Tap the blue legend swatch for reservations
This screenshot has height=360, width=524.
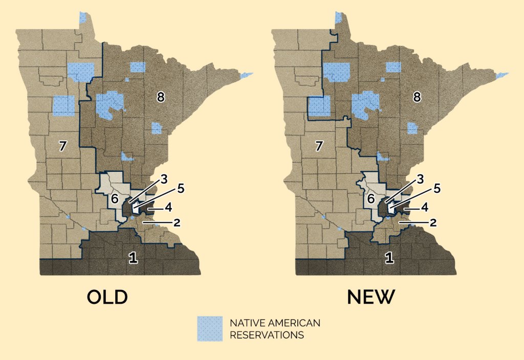tap(210, 328)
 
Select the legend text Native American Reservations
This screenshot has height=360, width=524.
tap(275, 329)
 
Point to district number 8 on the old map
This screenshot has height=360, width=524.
tap(161, 97)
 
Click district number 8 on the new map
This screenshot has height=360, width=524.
tap(417, 97)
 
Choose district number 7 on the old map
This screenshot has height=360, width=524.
tap(62, 146)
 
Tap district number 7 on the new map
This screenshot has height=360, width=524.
tap(319, 146)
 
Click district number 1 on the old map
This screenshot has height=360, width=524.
tap(133, 258)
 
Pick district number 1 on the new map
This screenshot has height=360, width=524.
tap(389, 258)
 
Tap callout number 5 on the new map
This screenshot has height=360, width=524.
tap(437, 188)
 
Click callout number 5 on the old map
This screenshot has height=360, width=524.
tap(181, 188)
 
